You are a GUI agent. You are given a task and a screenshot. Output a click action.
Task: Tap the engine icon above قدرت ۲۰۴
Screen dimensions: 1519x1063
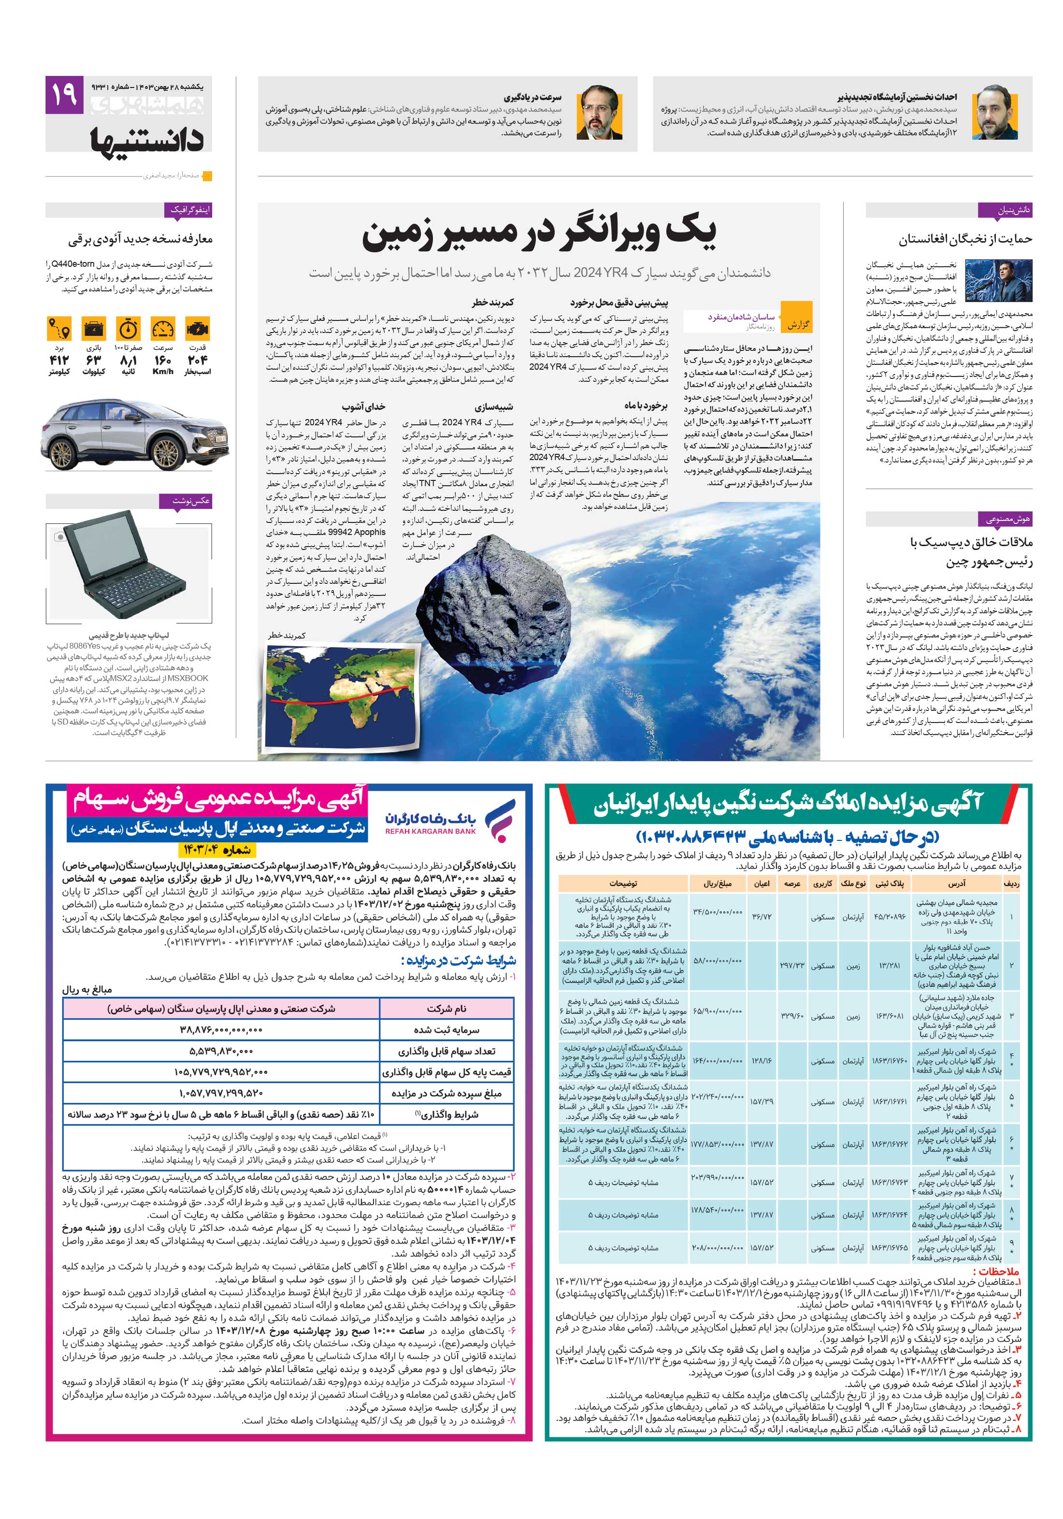[x=198, y=329]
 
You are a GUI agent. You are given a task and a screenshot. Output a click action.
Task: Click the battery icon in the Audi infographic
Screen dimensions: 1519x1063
[x=93, y=329]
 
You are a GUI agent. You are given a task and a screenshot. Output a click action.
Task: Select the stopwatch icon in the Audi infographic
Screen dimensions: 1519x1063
[x=129, y=329]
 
